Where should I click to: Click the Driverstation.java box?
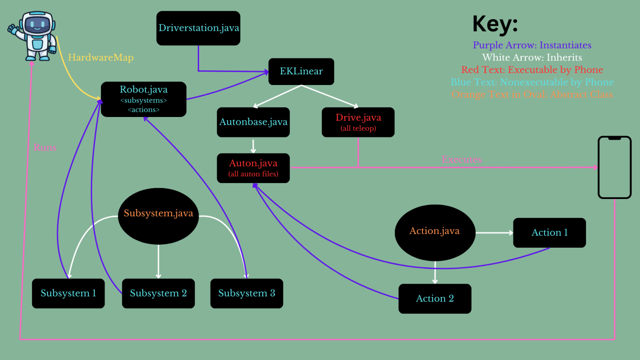[x=198, y=28]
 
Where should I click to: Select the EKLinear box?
[x=301, y=71]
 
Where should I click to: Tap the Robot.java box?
[x=143, y=99]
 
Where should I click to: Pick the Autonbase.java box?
[x=253, y=122]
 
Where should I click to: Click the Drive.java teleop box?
[x=358, y=122]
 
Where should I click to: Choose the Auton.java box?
[x=253, y=168]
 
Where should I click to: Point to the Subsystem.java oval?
[x=158, y=216]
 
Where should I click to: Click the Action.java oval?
[x=434, y=232]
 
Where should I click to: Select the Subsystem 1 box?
[x=68, y=294]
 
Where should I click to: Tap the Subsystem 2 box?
[x=158, y=294]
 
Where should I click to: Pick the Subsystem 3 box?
[x=247, y=294]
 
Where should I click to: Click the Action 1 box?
[x=549, y=233]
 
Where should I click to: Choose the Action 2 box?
[x=434, y=299]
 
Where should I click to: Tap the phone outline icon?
[x=615, y=167]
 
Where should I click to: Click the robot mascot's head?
[x=38, y=24]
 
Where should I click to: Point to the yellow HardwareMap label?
[x=101, y=57]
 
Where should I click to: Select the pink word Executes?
[x=461, y=159]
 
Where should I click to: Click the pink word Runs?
[x=45, y=148]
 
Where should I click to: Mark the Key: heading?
[x=495, y=24]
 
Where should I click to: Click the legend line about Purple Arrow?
[x=532, y=45]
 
